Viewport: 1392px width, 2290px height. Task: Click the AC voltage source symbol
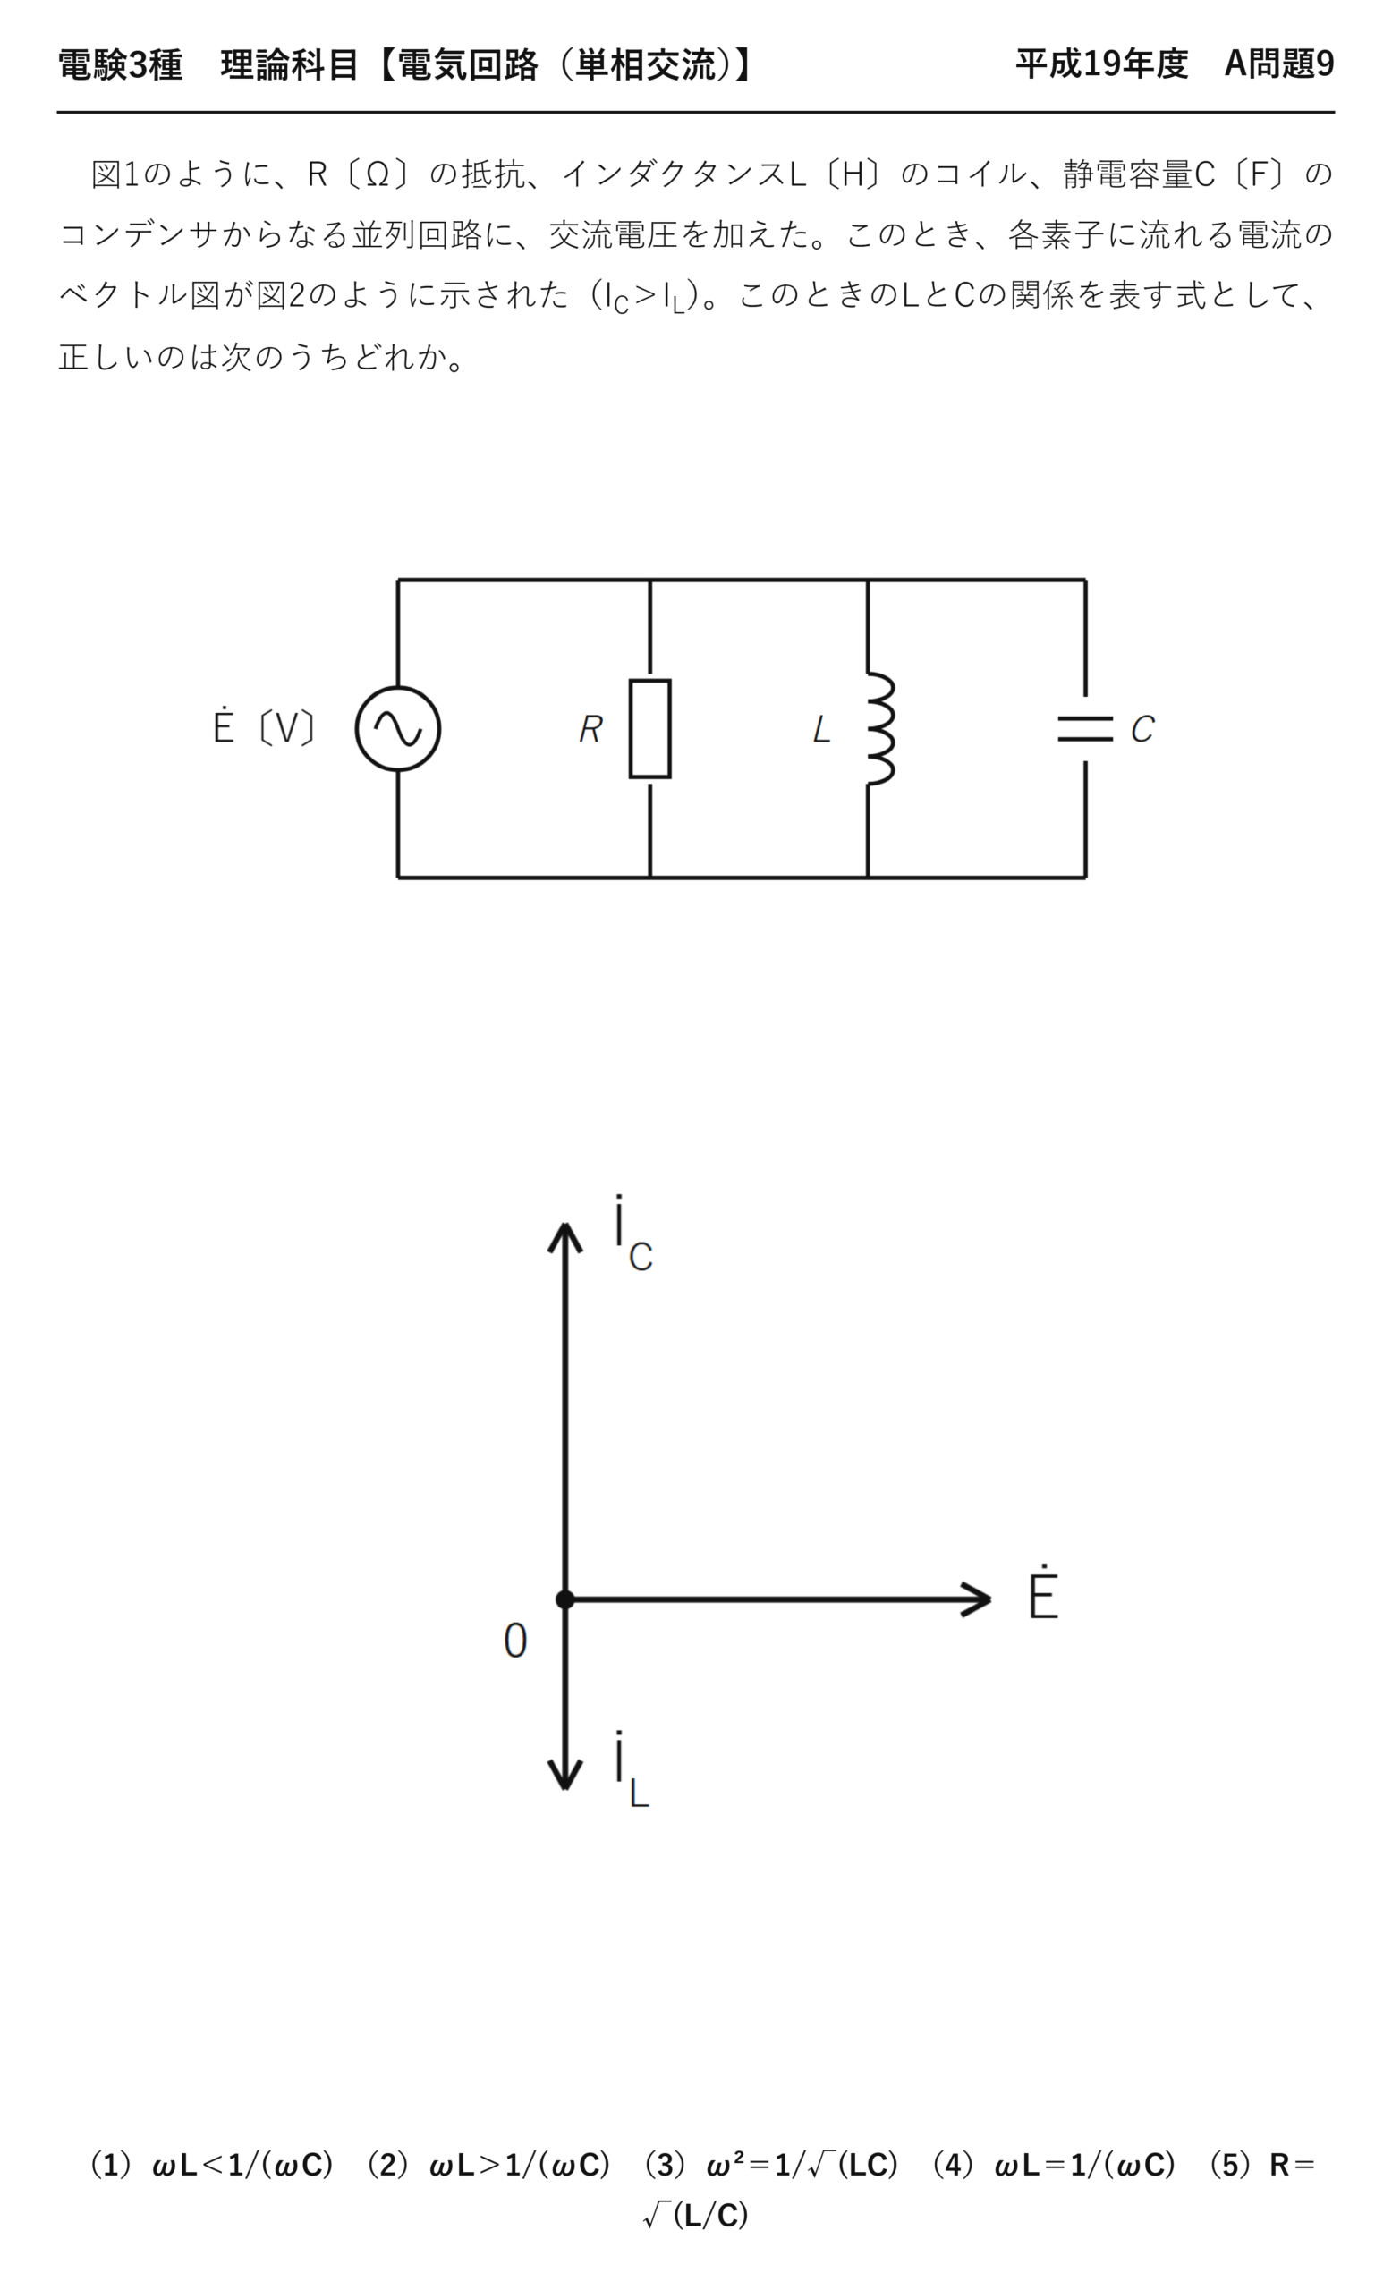(398, 729)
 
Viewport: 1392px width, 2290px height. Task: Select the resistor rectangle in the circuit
(649, 729)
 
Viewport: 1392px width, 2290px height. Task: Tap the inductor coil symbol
(880, 729)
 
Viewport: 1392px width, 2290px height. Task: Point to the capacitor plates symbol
(1085, 729)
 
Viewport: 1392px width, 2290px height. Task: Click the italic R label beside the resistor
(591, 729)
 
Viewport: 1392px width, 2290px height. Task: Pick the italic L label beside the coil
(821, 729)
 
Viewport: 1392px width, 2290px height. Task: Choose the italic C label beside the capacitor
(1142, 729)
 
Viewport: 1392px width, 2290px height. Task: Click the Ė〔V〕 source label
(265, 725)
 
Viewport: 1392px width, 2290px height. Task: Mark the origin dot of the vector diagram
(565, 1599)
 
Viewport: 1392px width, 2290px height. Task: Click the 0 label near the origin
(515, 1641)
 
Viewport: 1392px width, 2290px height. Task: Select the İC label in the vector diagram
(633, 1234)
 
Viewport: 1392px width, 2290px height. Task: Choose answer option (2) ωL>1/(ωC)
(488, 2165)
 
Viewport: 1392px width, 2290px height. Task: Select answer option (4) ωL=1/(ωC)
(1054, 2165)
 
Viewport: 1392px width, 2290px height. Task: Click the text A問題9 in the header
(1278, 64)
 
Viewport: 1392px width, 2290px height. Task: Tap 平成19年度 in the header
(1101, 64)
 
